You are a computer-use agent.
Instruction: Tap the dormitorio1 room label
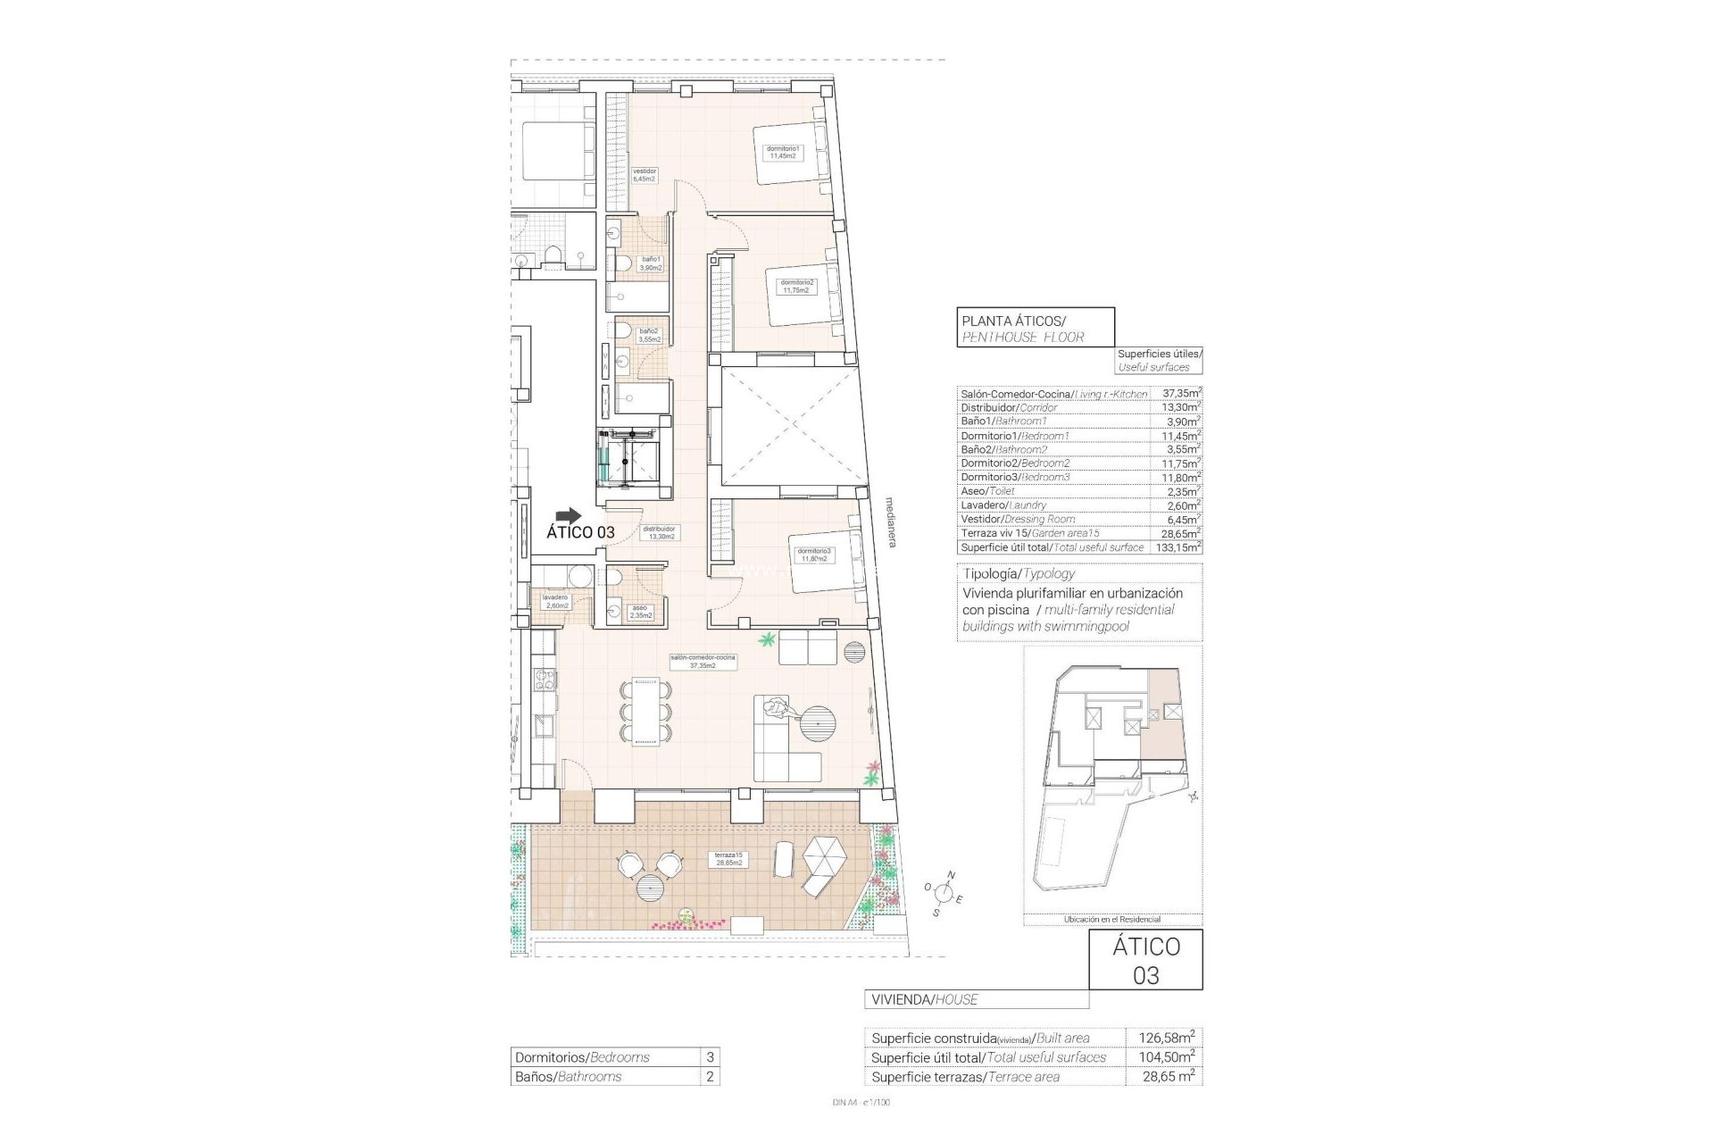tap(783, 152)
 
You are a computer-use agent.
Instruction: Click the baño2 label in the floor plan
tap(648, 335)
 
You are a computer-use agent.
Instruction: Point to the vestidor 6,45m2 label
tap(645, 174)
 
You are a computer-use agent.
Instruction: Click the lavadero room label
tap(554, 601)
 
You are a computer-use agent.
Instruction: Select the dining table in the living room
tap(645, 710)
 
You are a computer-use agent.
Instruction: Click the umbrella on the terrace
tap(822, 862)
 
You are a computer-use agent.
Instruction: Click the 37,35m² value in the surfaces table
tap(1181, 392)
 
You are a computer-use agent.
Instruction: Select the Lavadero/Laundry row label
tap(1003, 505)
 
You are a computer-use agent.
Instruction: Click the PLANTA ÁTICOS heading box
tap(1035, 327)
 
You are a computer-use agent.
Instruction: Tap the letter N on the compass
tap(952, 874)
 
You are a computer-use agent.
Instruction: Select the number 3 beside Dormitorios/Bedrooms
tap(710, 1057)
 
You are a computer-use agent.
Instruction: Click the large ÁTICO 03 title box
tap(1145, 959)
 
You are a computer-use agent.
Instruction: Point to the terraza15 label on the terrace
tap(728, 858)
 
